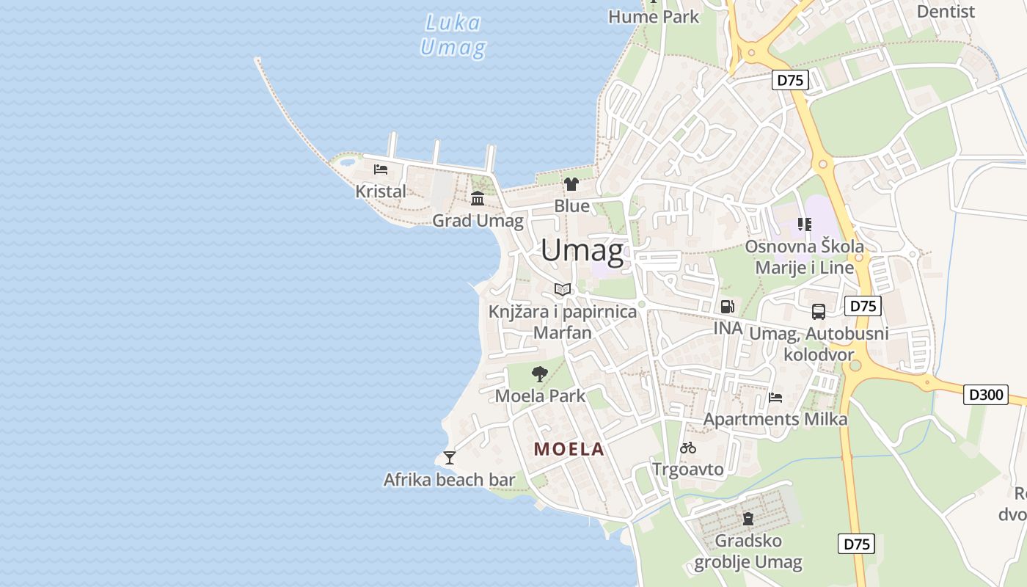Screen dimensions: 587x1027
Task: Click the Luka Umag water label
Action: point(453,35)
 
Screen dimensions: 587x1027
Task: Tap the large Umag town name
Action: point(582,251)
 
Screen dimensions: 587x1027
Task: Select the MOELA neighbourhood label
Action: point(569,449)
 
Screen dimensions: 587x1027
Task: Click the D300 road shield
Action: point(985,395)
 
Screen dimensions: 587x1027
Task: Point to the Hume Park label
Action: point(654,16)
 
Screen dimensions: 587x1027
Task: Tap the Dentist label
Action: point(946,11)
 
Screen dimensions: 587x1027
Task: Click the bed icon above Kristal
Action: point(381,169)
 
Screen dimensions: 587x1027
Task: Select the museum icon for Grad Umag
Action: point(478,198)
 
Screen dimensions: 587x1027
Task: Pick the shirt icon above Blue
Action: point(571,184)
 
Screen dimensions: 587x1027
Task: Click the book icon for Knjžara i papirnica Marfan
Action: point(563,289)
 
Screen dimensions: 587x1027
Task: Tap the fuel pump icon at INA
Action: point(727,307)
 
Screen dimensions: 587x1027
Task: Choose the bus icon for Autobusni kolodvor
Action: point(819,312)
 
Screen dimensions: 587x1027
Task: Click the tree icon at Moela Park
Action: point(540,374)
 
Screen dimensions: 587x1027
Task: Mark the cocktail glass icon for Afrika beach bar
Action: point(450,458)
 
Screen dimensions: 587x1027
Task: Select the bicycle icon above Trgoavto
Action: point(688,448)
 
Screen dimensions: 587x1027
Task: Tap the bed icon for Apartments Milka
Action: point(775,398)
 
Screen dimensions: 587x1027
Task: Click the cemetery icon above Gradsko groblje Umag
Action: point(748,519)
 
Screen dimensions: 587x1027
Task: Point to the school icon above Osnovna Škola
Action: point(805,225)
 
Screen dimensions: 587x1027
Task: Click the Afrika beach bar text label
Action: point(449,480)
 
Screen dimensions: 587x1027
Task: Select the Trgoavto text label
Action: point(688,469)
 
